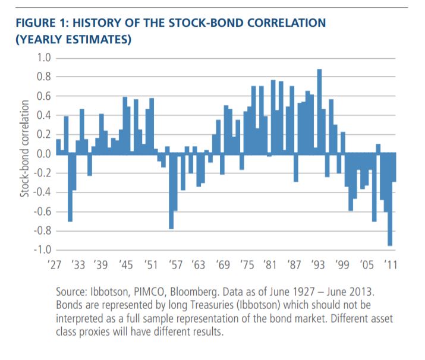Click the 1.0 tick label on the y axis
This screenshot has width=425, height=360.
(45, 58)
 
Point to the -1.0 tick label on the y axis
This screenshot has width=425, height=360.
(43, 250)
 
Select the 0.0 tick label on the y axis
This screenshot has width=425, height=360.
(45, 154)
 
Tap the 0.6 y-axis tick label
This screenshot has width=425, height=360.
(45, 96)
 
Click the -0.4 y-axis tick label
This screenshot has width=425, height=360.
(43, 192)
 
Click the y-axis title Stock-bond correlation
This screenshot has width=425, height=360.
(25, 153)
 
